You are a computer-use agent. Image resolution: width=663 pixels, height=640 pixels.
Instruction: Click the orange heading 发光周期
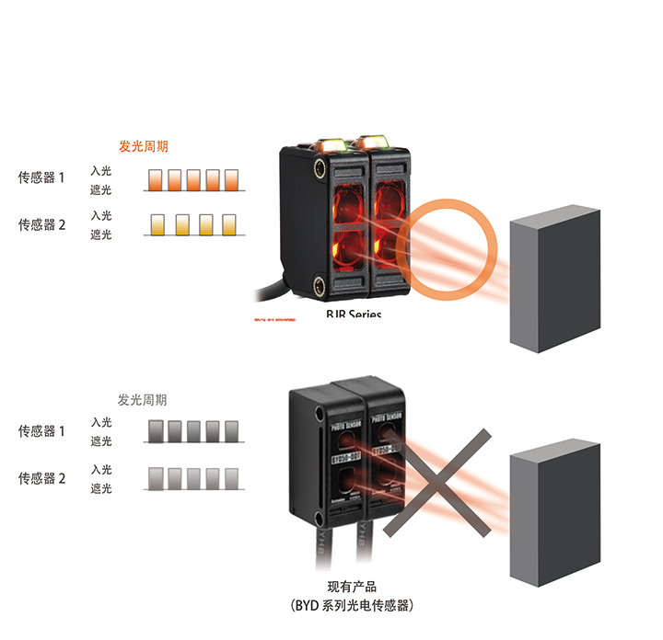click(144, 146)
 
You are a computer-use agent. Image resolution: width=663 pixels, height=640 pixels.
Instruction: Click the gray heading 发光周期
click(143, 400)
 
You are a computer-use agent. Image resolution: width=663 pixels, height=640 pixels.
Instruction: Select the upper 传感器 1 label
click(42, 177)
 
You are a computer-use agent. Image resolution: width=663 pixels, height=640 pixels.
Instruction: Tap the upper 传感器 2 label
click(42, 224)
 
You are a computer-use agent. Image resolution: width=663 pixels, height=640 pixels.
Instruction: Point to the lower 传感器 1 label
click(42, 431)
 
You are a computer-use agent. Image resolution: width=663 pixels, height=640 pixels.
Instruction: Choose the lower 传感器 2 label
click(42, 478)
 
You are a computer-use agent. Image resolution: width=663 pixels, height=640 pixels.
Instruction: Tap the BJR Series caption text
click(354, 314)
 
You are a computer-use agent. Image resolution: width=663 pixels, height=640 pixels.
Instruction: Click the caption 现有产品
click(352, 587)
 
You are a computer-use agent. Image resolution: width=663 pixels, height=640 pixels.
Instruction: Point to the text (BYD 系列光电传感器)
click(352, 606)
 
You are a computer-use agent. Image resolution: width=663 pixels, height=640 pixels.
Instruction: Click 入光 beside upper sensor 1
click(101, 171)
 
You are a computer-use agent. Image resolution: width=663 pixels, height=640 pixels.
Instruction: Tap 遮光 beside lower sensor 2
click(101, 488)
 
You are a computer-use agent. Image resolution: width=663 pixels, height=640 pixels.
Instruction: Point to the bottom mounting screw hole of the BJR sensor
click(319, 286)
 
